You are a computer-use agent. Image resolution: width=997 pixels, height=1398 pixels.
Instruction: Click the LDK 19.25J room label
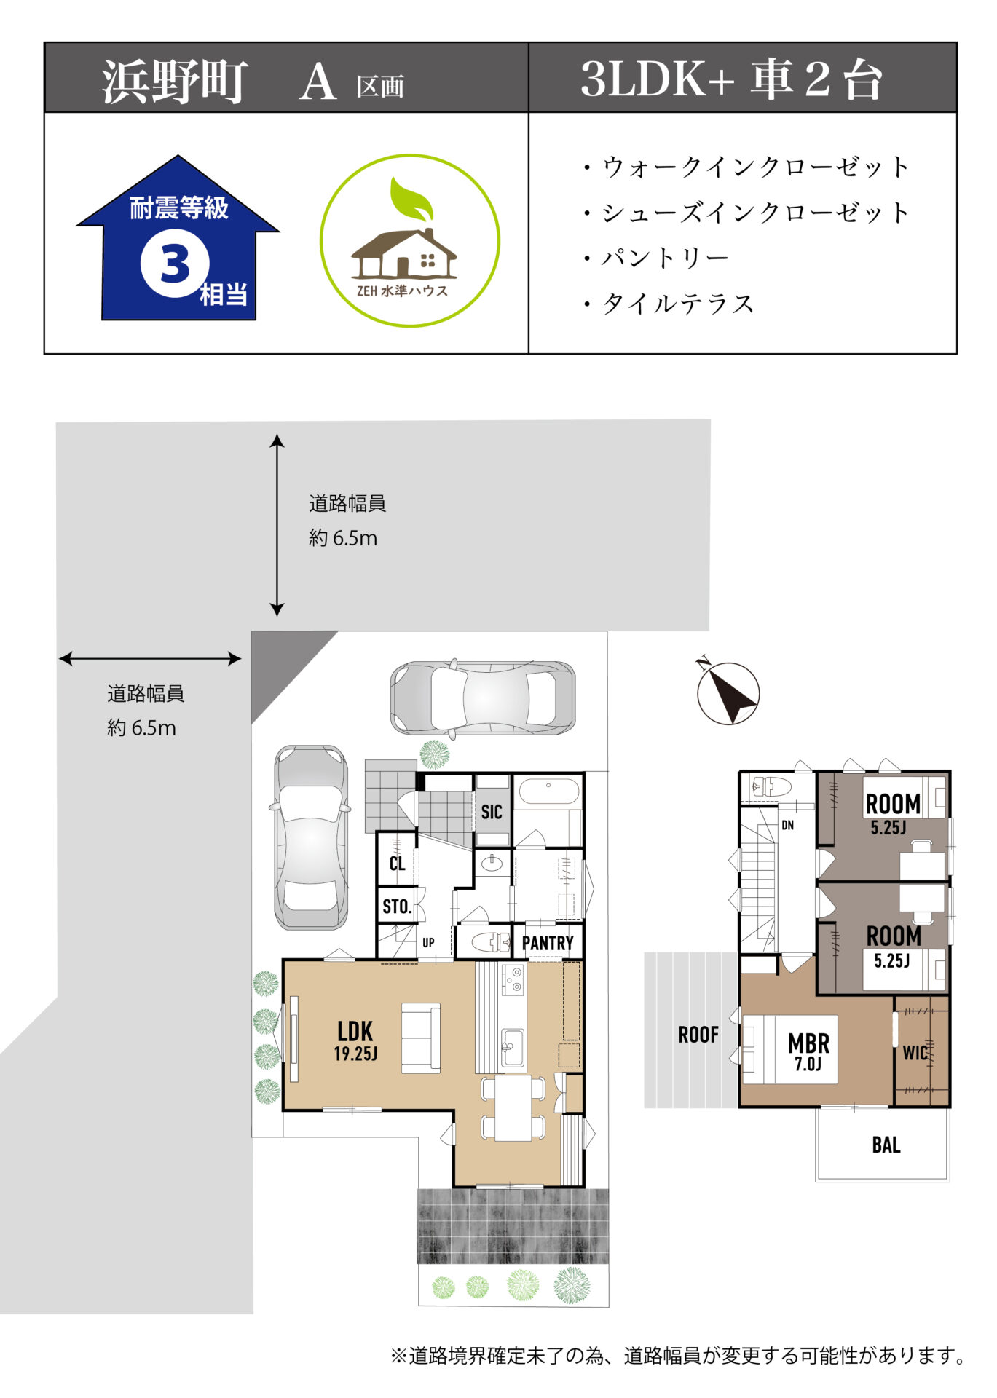point(355,1040)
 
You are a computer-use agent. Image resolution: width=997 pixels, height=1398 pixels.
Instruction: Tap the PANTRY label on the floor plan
point(548,943)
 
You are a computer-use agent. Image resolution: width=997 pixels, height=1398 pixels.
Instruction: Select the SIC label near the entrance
point(492,812)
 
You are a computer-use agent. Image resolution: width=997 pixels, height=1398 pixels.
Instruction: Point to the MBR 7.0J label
point(808,1051)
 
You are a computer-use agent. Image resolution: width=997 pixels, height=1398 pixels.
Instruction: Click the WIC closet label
point(915,1053)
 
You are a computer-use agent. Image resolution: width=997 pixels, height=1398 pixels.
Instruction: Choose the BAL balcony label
point(886,1145)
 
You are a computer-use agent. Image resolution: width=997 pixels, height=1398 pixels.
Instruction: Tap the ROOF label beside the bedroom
point(698,1035)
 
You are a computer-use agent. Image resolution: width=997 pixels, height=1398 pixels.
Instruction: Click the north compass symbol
point(728,692)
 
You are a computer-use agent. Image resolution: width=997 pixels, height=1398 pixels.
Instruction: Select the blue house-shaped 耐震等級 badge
point(178,237)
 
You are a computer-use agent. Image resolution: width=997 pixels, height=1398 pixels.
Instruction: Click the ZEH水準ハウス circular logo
point(410,240)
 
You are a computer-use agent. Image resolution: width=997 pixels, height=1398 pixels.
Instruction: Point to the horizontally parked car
point(483,698)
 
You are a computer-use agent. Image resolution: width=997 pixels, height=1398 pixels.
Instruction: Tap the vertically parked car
point(311,837)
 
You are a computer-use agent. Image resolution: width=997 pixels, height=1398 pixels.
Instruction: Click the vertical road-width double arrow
point(277,525)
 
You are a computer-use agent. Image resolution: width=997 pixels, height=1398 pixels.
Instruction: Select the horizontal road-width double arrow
point(150,659)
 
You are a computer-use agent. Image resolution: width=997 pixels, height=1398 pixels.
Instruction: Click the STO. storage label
point(397,907)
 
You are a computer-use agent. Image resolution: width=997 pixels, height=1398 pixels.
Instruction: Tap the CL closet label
point(397,864)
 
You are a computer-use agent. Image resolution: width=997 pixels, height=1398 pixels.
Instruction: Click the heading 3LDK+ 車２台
point(731,79)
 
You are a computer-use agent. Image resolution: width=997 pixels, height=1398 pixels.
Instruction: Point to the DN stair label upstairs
point(787,826)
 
